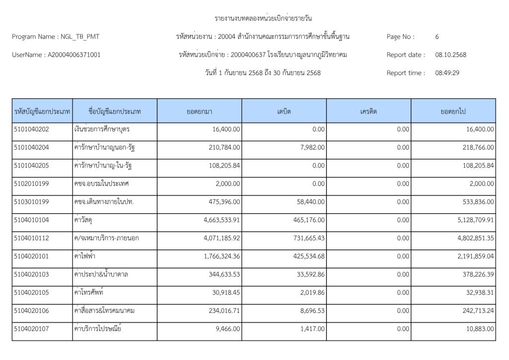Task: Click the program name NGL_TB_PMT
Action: coord(74,37)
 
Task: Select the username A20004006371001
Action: coord(73,55)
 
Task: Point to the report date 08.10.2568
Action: coord(451,55)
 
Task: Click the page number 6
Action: coord(437,37)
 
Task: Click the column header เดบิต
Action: coord(284,111)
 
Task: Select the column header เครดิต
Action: coord(368,111)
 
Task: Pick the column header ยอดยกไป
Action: coord(453,111)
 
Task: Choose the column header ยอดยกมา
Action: coord(200,111)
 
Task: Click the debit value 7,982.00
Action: coord(312,148)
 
